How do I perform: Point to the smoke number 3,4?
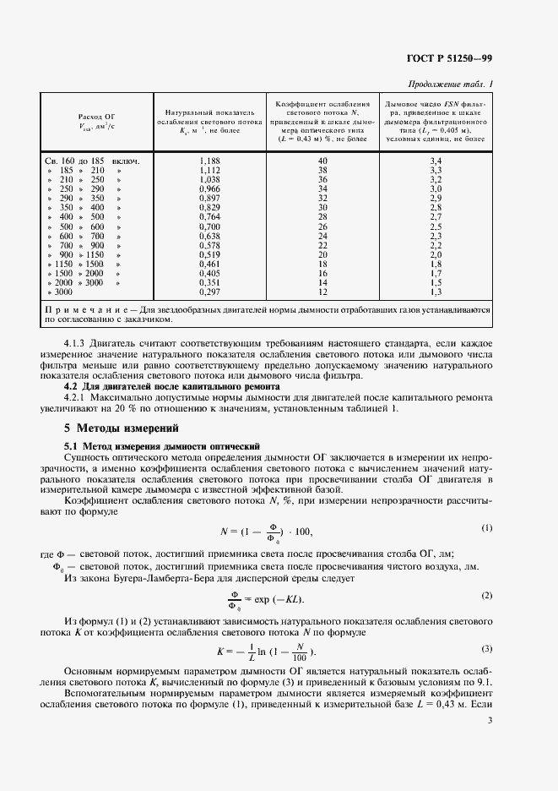tap(436, 160)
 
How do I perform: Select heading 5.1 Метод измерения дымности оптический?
tap(162, 445)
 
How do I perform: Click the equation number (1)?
tap(486, 527)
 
